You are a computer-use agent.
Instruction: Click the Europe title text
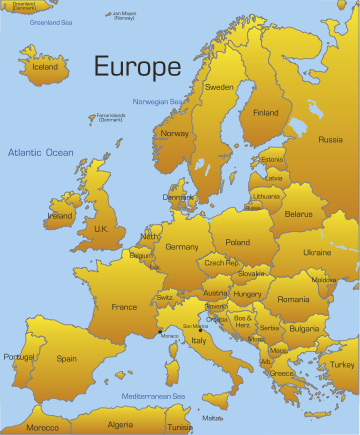137,67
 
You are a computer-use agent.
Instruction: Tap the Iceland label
46,68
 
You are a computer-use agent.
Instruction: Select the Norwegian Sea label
157,101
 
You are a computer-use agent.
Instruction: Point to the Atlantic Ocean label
40,152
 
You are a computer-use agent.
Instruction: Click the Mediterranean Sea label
154,396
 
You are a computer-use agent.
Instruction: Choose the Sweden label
219,87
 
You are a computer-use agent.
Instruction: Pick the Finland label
265,113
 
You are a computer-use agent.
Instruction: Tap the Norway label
175,133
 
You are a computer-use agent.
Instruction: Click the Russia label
330,140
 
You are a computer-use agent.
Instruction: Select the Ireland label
60,215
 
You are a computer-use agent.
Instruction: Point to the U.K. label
101,229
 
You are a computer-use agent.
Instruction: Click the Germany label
182,246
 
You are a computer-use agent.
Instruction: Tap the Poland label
237,242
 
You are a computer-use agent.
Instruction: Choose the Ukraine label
317,252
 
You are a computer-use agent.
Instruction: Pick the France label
124,307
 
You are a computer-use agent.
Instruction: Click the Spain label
67,358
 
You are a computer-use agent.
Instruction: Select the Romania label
293,299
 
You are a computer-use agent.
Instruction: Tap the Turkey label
343,364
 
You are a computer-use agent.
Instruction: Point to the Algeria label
119,424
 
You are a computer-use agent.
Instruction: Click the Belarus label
298,214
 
